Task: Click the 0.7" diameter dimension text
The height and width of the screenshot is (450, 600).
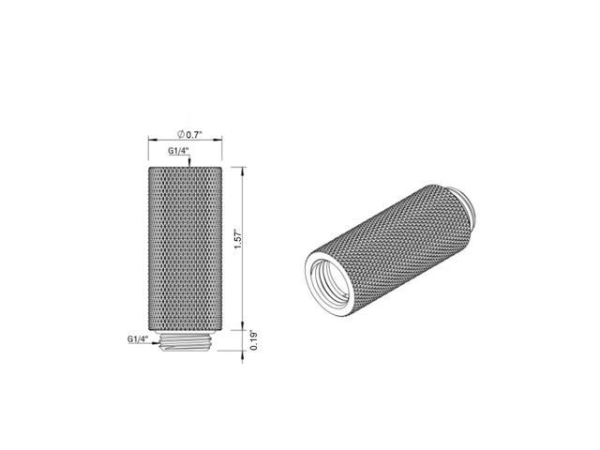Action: [194, 135]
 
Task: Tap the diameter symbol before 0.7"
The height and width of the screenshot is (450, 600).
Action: [181, 134]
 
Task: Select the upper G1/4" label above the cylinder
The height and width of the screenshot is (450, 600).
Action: [179, 151]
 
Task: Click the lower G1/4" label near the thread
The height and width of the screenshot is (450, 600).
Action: [138, 339]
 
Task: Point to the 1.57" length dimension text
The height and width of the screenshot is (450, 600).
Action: [238, 240]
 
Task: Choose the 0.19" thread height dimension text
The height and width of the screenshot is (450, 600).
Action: [254, 340]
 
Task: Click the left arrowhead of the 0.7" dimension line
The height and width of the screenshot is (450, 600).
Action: [152, 140]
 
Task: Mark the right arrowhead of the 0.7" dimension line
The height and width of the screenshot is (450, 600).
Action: [219, 140]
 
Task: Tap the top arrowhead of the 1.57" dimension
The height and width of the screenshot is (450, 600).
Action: [242, 171]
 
